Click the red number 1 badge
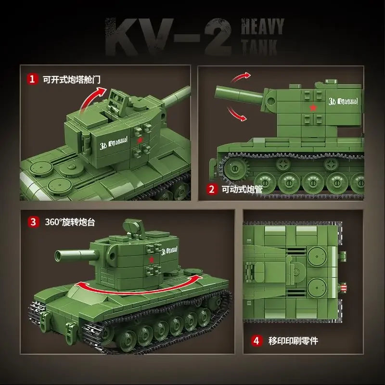(33, 79)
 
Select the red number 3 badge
(33, 222)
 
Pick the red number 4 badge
(257, 341)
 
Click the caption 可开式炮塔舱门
(72, 79)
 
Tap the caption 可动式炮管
(242, 190)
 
